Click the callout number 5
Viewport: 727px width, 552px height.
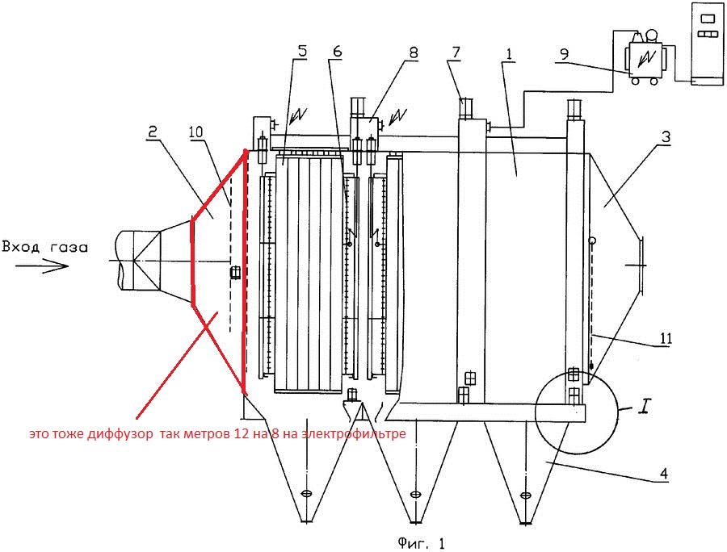click(x=302, y=51)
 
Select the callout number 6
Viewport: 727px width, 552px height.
click(x=337, y=51)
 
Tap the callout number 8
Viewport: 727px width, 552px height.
click(x=413, y=52)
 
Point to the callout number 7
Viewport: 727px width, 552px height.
click(x=456, y=52)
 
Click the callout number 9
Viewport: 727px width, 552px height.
click(x=563, y=54)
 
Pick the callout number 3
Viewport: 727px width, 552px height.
click(x=666, y=137)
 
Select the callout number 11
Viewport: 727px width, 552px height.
click(x=666, y=338)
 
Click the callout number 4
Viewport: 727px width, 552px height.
click(x=663, y=474)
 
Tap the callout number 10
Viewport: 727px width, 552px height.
click(x=196, y=132)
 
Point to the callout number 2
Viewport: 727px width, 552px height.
click(x=152, y=132)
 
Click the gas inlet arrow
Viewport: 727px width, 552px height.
click(x=42, y=266)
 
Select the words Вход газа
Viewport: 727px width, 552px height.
click(x=44, y=247)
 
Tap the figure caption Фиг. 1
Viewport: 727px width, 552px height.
click(x=421, y=543)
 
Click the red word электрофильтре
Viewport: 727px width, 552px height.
click(x=354, y=434)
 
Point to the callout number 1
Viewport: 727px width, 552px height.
click(x=509, y=54)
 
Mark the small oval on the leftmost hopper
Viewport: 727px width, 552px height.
click(x=305, y=494)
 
